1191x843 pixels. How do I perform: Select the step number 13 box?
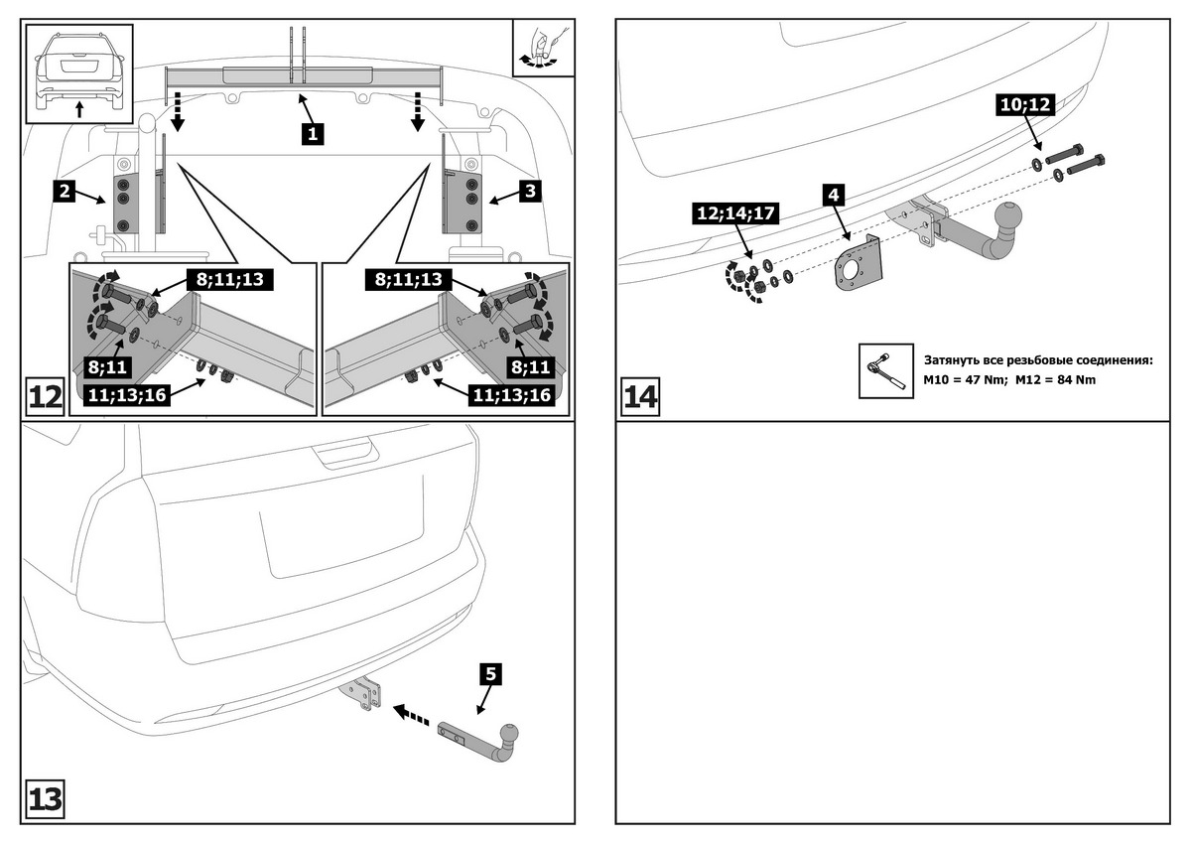point(45,799)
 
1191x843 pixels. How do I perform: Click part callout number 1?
point(312,132)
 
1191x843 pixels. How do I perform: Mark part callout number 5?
point(490,674)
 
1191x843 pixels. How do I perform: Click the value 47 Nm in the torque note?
point(983,380)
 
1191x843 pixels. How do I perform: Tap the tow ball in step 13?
point(508,736)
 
